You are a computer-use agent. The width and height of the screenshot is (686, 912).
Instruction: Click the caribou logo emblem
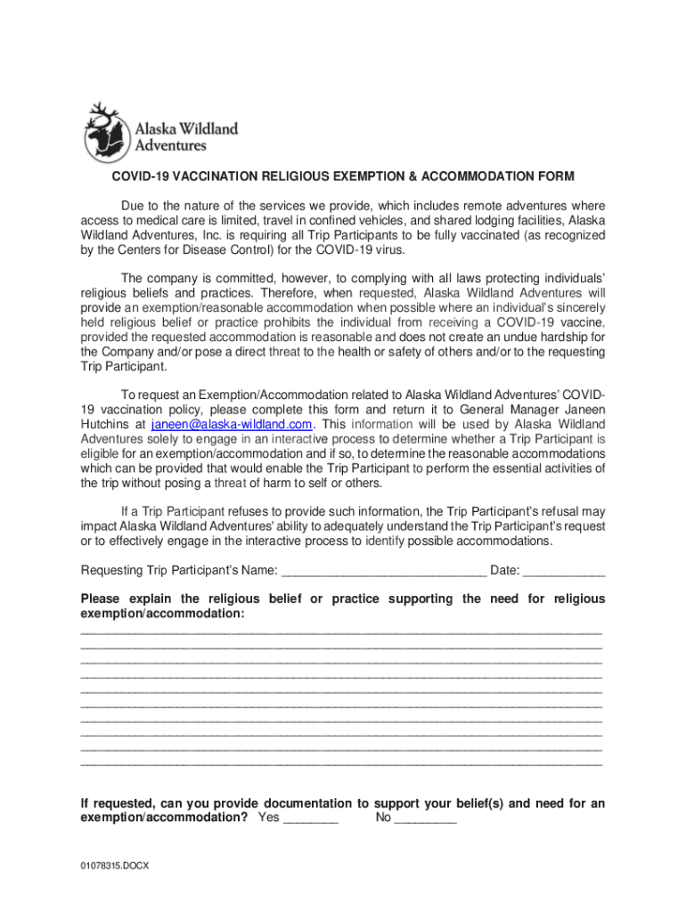[x=107, y=131]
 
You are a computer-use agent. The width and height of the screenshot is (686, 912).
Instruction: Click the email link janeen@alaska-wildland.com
[x=231, y=424]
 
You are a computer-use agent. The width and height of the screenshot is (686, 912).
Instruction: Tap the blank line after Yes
[x=310, y=818]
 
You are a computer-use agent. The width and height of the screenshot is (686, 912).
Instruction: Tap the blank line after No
[x=425, y=818]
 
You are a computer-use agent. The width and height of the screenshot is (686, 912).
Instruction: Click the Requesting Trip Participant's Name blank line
[x=383, y=571]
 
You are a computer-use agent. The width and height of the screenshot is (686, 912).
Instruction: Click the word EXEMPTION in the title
[x=367, y=176]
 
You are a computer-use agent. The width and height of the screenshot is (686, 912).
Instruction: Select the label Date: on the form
[x=505, y=571]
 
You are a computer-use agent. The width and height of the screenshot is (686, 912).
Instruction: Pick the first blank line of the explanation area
[x=341, y=631]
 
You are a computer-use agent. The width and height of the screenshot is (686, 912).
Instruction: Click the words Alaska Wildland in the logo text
[x=186, y=128]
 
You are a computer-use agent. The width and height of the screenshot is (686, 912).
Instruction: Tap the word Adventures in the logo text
[x=170, y=144]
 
